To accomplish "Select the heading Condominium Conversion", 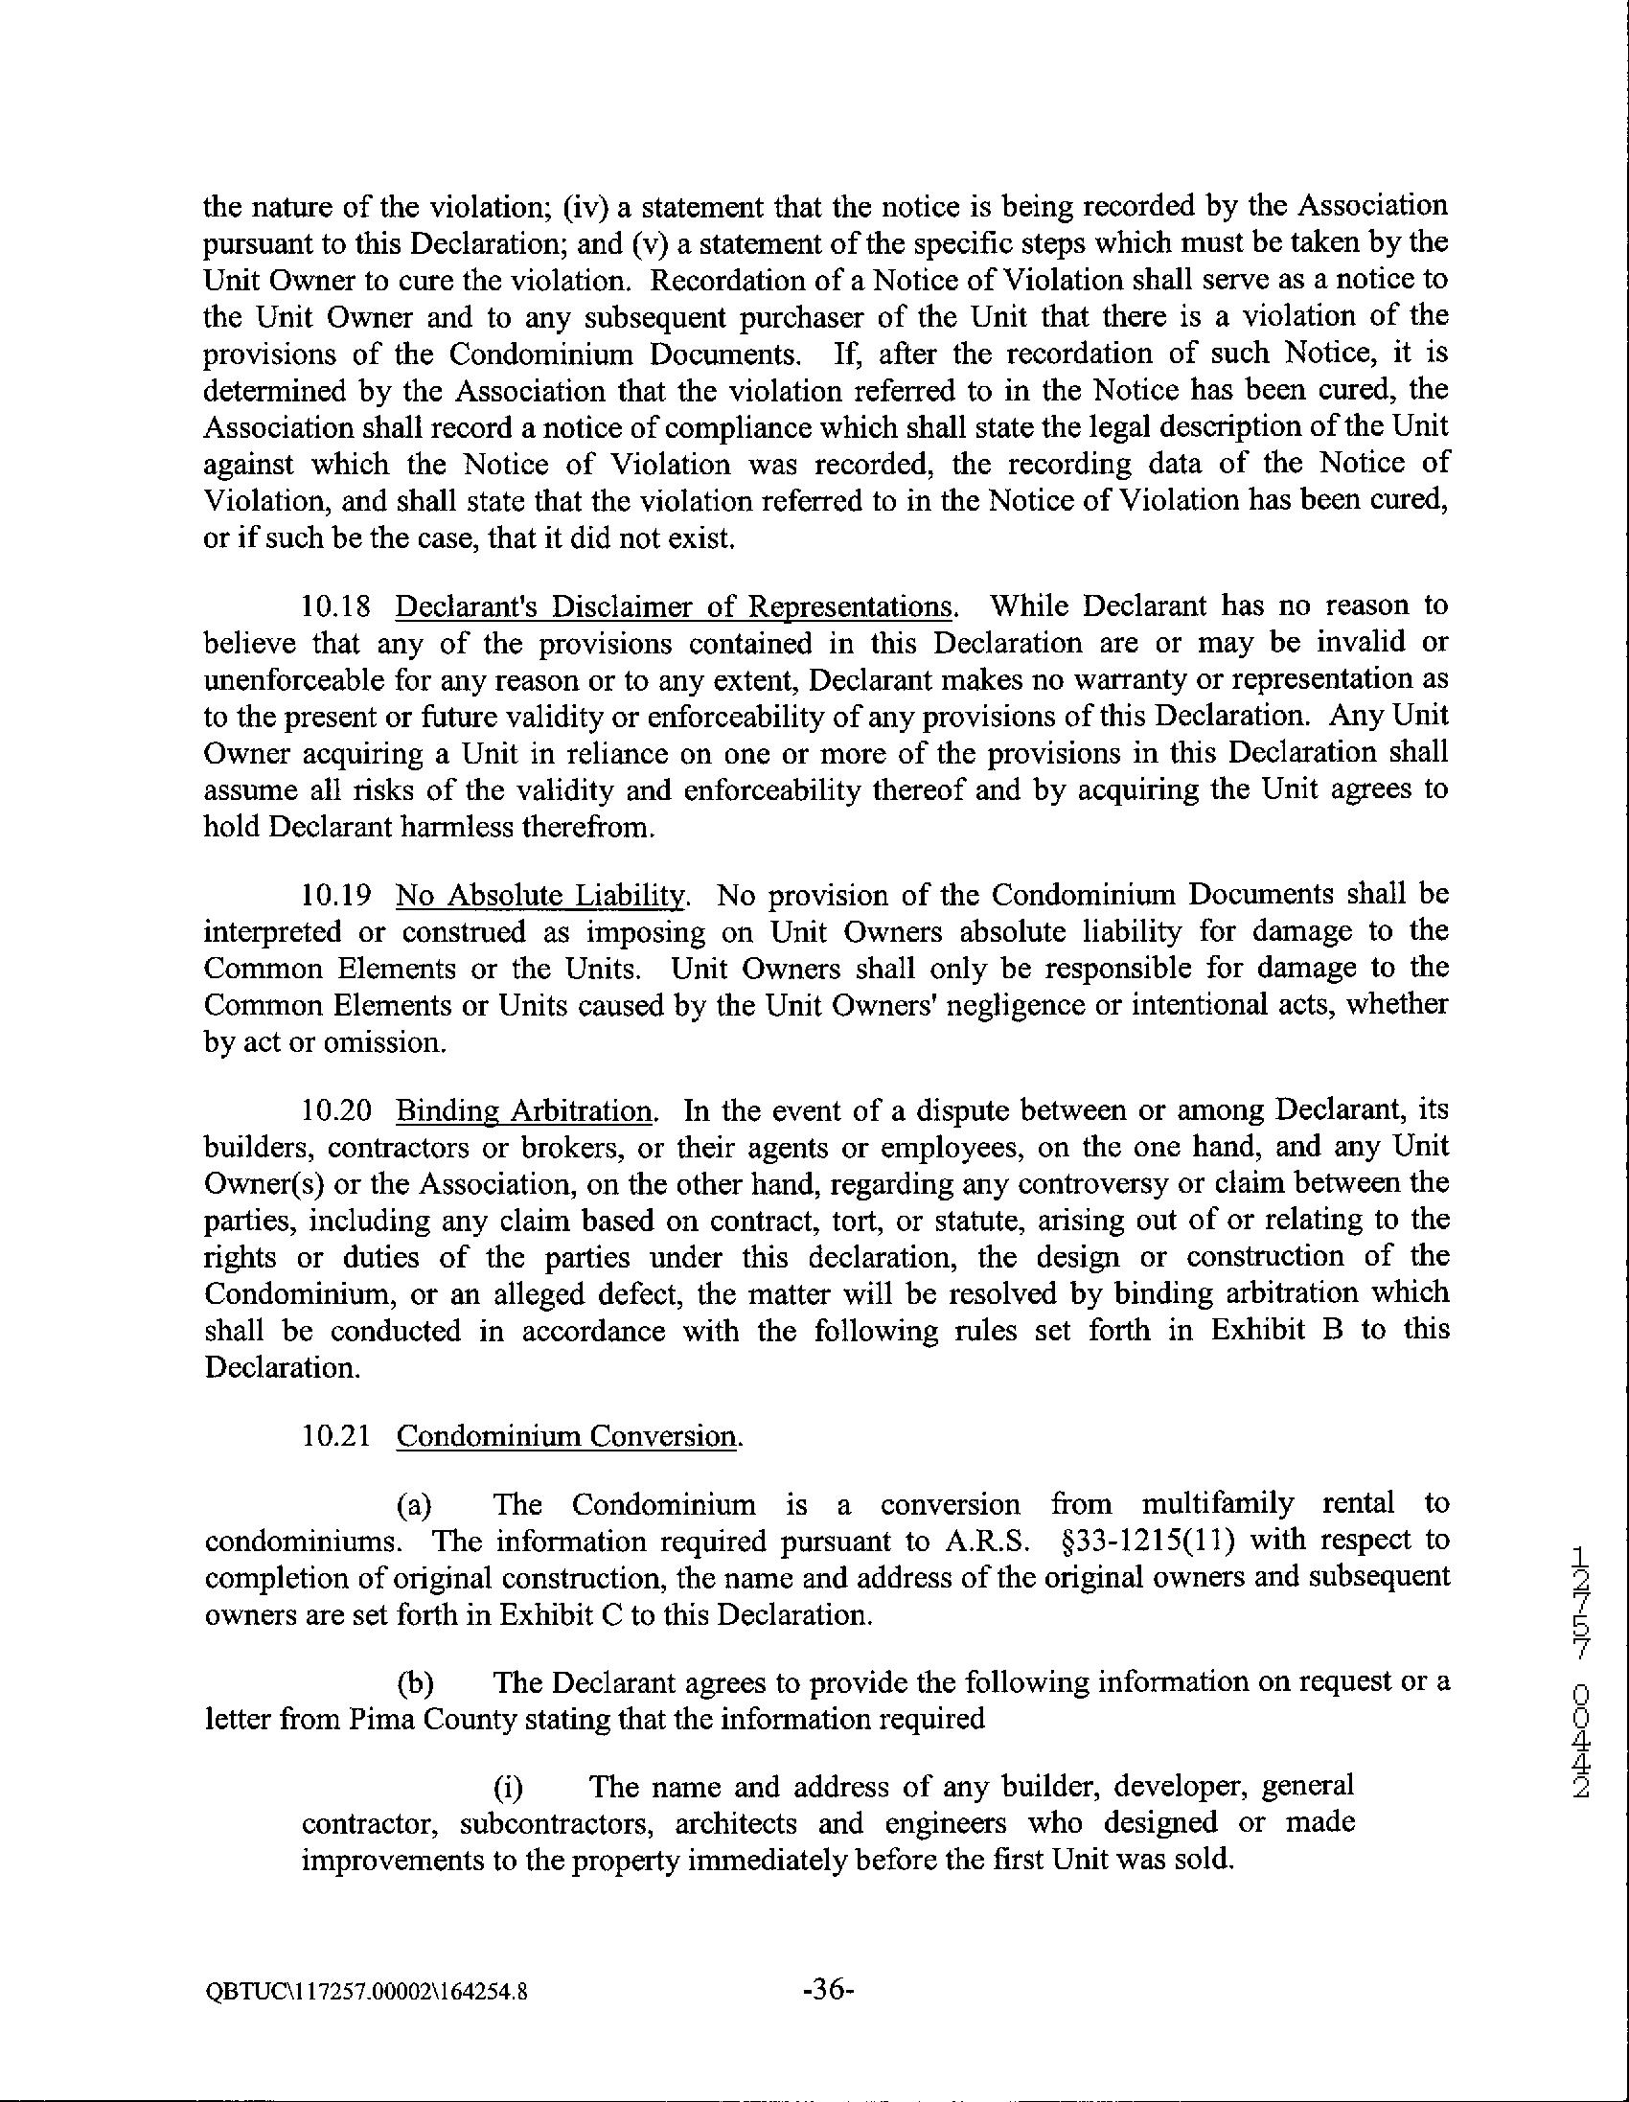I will tap(567, 1437).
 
